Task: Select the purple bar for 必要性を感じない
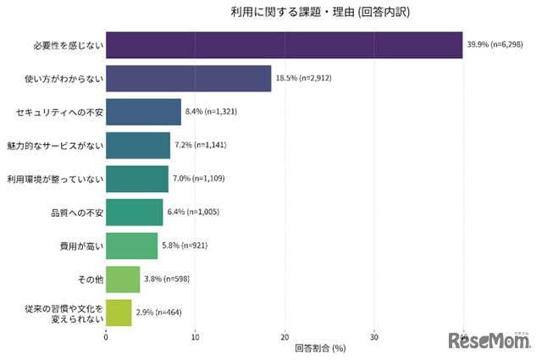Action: tap(284, 46)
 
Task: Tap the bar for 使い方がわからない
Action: tap(188, 79)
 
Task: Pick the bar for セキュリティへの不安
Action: tap(143, 112)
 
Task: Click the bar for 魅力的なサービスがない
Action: tap(138, 146)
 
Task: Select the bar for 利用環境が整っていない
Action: tap(137, 179)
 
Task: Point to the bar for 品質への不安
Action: tap(134, 212)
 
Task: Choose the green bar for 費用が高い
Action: tap(131, 246)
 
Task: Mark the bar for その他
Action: tap(123, 279)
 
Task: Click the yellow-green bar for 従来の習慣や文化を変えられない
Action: tap(119, 312)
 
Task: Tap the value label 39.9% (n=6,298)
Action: tap(499, 46)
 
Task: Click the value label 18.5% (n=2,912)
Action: tap(307, 79)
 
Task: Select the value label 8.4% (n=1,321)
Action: tap(217, 112)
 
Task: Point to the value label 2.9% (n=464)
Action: tap(164, 312)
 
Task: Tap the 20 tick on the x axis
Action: tap(285, 335)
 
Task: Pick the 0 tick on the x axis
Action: tap(106, 335)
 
